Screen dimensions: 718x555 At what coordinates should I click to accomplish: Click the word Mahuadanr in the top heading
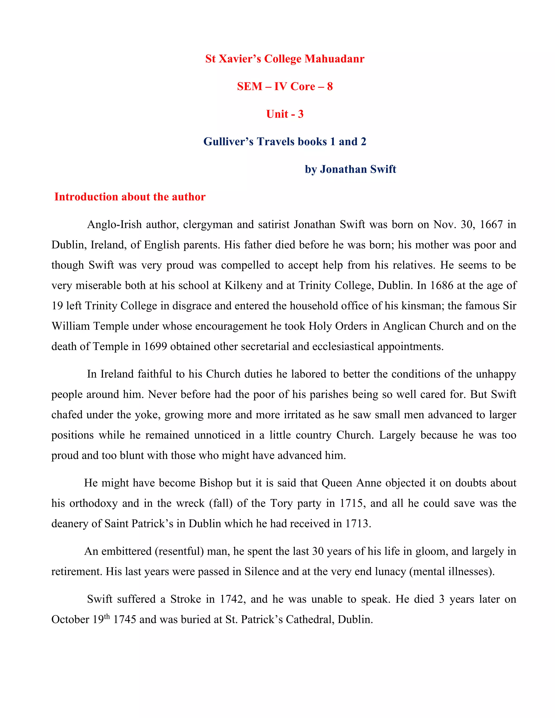pos(334,59)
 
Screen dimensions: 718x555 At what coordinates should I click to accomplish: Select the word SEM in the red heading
pos(250,86)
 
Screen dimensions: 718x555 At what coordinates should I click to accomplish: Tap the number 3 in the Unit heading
pos(301,114)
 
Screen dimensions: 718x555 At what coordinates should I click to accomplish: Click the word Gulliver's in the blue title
pos(228,142)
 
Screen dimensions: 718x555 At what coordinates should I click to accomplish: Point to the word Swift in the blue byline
pos(383,169)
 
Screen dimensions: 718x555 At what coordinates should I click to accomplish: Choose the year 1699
pos(155,347)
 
